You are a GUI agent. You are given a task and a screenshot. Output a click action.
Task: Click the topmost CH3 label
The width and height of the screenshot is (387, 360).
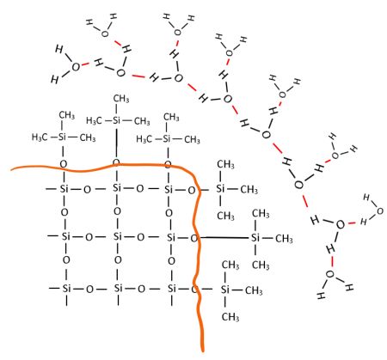point(121,99)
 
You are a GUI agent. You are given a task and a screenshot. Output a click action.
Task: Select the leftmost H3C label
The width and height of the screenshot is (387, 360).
point(40,137)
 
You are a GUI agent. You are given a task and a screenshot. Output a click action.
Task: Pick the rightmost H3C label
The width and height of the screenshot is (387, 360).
point(144,139)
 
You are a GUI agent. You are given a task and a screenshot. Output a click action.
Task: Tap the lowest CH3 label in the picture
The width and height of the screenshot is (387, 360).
point(230,317)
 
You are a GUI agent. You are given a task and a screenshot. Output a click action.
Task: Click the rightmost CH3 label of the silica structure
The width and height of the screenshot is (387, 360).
point(284,239)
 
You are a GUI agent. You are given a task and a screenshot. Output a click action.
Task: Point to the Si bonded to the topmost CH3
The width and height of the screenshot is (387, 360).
point(116,120)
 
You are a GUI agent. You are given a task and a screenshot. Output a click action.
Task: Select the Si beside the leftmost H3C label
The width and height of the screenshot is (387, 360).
point(63,137)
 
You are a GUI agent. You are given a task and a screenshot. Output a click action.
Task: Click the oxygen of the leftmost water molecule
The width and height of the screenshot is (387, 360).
point(76,67)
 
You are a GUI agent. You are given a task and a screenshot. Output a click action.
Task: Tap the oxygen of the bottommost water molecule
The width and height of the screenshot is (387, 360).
point(330,274)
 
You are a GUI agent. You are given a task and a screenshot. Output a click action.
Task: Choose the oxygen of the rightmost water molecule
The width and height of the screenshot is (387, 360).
point(379,211)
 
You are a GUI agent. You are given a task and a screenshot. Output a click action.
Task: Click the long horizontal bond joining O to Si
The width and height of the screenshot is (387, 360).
point(224,237)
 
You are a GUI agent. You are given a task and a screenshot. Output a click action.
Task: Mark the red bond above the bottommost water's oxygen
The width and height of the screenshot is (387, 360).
point(332,261)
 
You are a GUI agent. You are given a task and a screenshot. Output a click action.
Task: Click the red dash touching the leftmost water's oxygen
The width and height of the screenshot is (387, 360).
point(85,64)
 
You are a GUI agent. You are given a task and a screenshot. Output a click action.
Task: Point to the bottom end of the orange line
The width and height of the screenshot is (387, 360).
point(202,351)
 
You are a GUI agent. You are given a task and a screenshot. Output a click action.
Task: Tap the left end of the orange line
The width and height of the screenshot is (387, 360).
point(12,169)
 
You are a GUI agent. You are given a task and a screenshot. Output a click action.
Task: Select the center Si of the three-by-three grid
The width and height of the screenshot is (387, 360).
point(118,236)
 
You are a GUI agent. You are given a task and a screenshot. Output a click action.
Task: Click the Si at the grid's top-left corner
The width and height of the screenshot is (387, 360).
point(64,189)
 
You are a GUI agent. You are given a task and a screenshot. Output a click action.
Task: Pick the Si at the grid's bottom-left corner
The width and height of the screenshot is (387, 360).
point(66,289)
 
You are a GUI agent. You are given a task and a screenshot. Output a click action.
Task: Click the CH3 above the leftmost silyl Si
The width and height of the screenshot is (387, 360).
point(67,115)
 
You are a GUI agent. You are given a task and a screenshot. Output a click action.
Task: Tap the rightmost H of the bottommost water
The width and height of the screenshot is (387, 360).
point(349,287)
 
